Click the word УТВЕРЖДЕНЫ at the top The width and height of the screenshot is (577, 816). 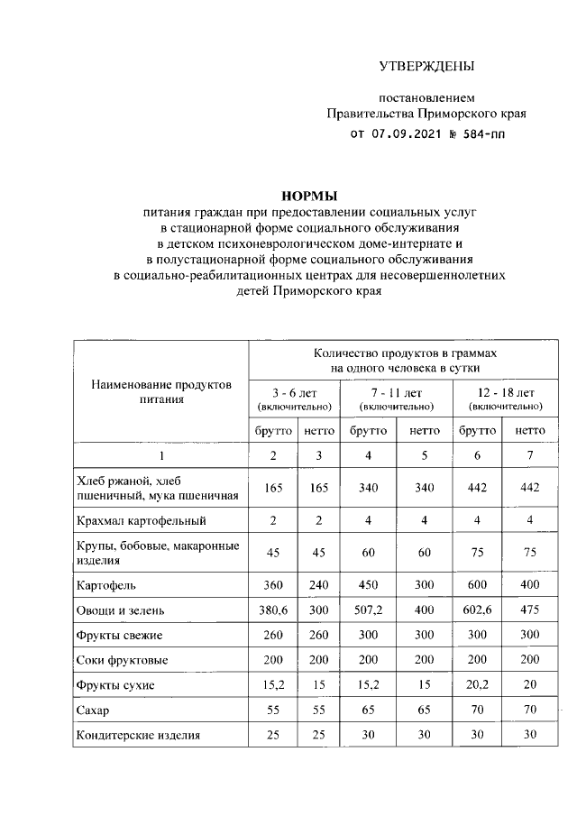pyautogui.click(x=426, y=66)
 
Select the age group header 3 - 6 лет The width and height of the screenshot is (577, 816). pyautogui.click(x=294, y=393)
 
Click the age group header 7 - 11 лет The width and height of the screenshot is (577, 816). pyautogui.click(x=396, y=393)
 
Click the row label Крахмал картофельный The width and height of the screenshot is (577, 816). pyautogui.click(x=142, y=521)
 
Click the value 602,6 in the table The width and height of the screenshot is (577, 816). pyautogui.click(x=477, y=610)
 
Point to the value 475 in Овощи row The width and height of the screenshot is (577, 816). pyautogui.click(x=529, y=610)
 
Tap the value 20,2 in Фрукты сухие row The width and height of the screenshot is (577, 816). pyautogui.click(x=477, y=685)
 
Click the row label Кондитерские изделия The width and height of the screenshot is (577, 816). pyautogui.click(x=139, y=735)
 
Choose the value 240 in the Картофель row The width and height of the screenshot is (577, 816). pyautogui.click(x=318, y=585)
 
